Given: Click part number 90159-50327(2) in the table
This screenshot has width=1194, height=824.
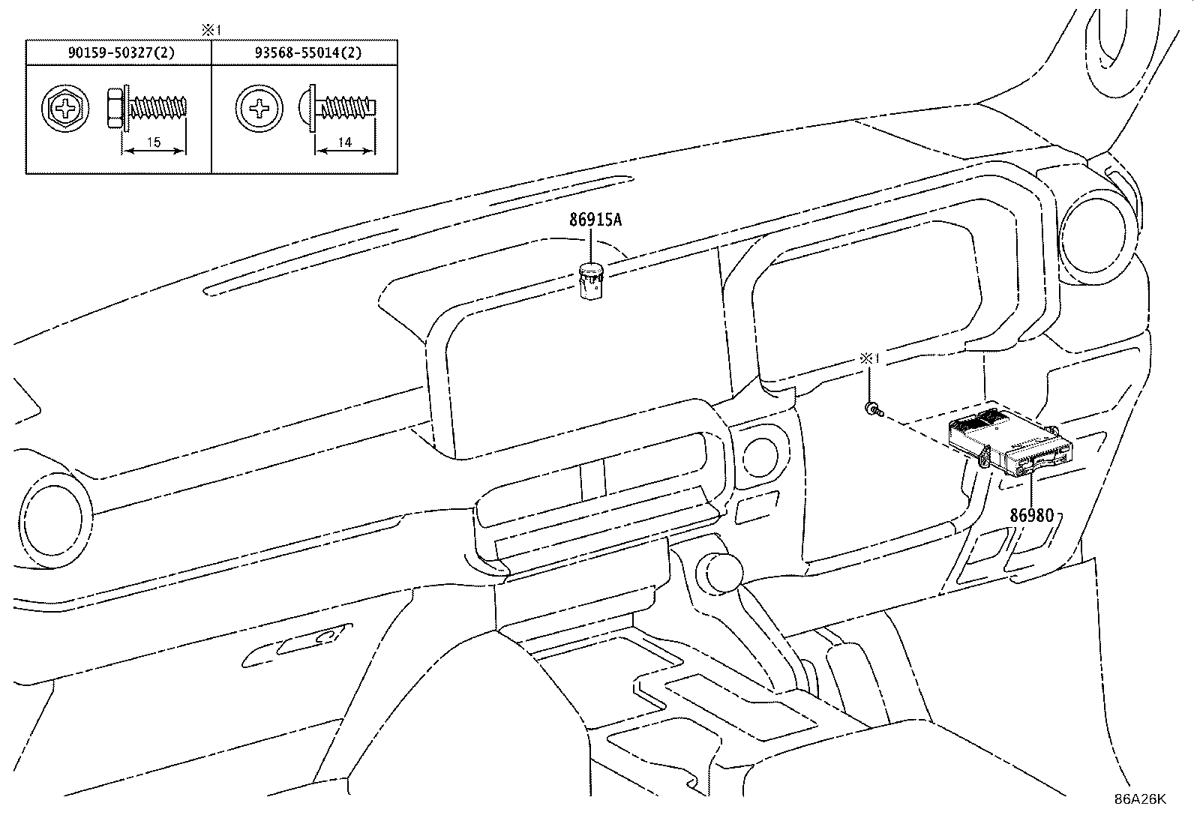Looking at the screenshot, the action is coord(121,52).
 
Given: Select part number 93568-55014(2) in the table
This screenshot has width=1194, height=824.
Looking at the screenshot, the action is coord(308,52).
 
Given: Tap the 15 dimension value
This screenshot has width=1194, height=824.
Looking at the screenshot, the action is coord(154,142).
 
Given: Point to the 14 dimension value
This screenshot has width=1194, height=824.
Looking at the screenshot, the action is coord(345,142).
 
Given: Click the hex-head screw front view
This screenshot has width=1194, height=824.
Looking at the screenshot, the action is coord(65,109).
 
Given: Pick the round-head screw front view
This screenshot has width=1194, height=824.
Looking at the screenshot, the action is coord(259,109).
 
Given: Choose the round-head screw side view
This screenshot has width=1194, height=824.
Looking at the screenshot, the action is coord(338,108).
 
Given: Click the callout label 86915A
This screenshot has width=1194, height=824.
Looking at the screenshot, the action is coord(595,220).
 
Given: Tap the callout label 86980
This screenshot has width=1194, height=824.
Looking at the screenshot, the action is coord(1032,515).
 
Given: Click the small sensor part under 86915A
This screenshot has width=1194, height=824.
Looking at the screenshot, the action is coord(591,281).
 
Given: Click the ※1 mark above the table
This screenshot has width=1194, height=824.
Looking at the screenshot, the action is coord(211,31).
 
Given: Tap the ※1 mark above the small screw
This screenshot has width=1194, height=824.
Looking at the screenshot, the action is coord(869,358).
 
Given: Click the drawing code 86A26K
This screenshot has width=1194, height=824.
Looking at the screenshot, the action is coord(1140,799).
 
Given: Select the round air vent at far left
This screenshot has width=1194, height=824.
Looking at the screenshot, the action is coord(53,520).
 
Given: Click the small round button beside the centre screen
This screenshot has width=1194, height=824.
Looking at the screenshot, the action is coord(760,457).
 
